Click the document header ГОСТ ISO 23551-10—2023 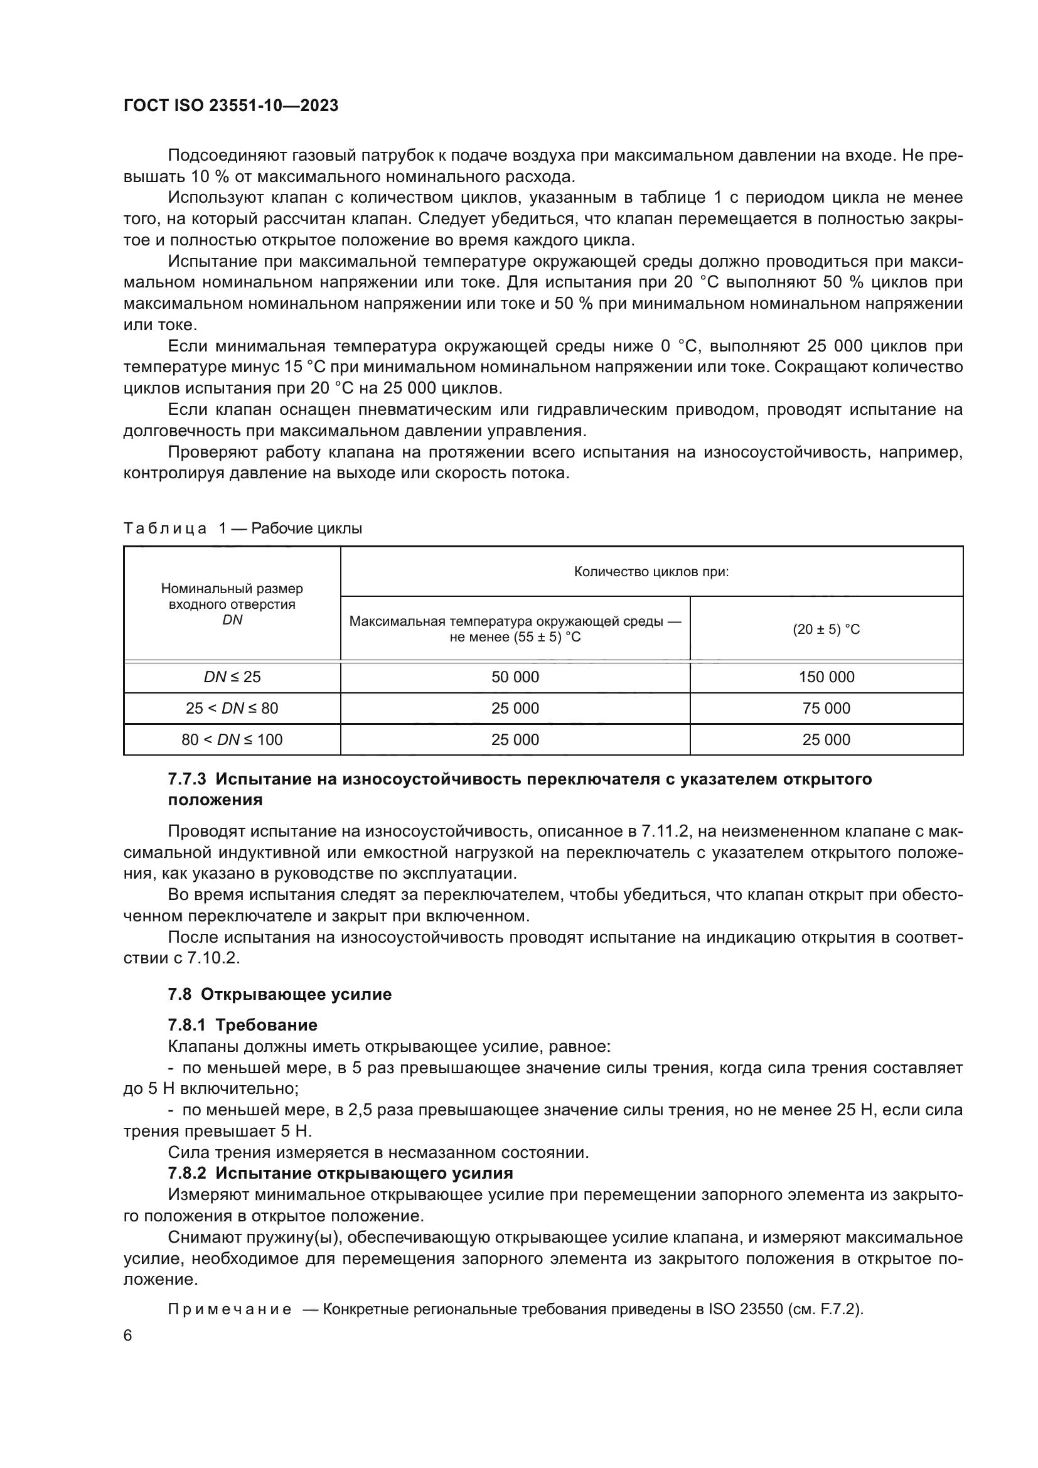tap(231, 105)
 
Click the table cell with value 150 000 tap(826, 677)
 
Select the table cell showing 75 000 tap(826, 709)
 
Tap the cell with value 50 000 tap(515, 677)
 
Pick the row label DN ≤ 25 tap(232, 677)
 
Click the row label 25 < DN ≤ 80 tap(232, 709)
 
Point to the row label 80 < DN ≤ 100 tap(232, 740)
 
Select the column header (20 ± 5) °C tap(826, 629)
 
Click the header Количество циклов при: tap(651, 572)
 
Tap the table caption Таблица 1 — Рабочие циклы tap(243, 528)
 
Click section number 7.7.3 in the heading tap(186, 780)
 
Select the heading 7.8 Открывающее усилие tap(279, 995)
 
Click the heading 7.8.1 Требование tap(242, 1026)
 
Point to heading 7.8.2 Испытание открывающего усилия tap(340, 1173)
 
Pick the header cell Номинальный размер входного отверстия tap(232, 596)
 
